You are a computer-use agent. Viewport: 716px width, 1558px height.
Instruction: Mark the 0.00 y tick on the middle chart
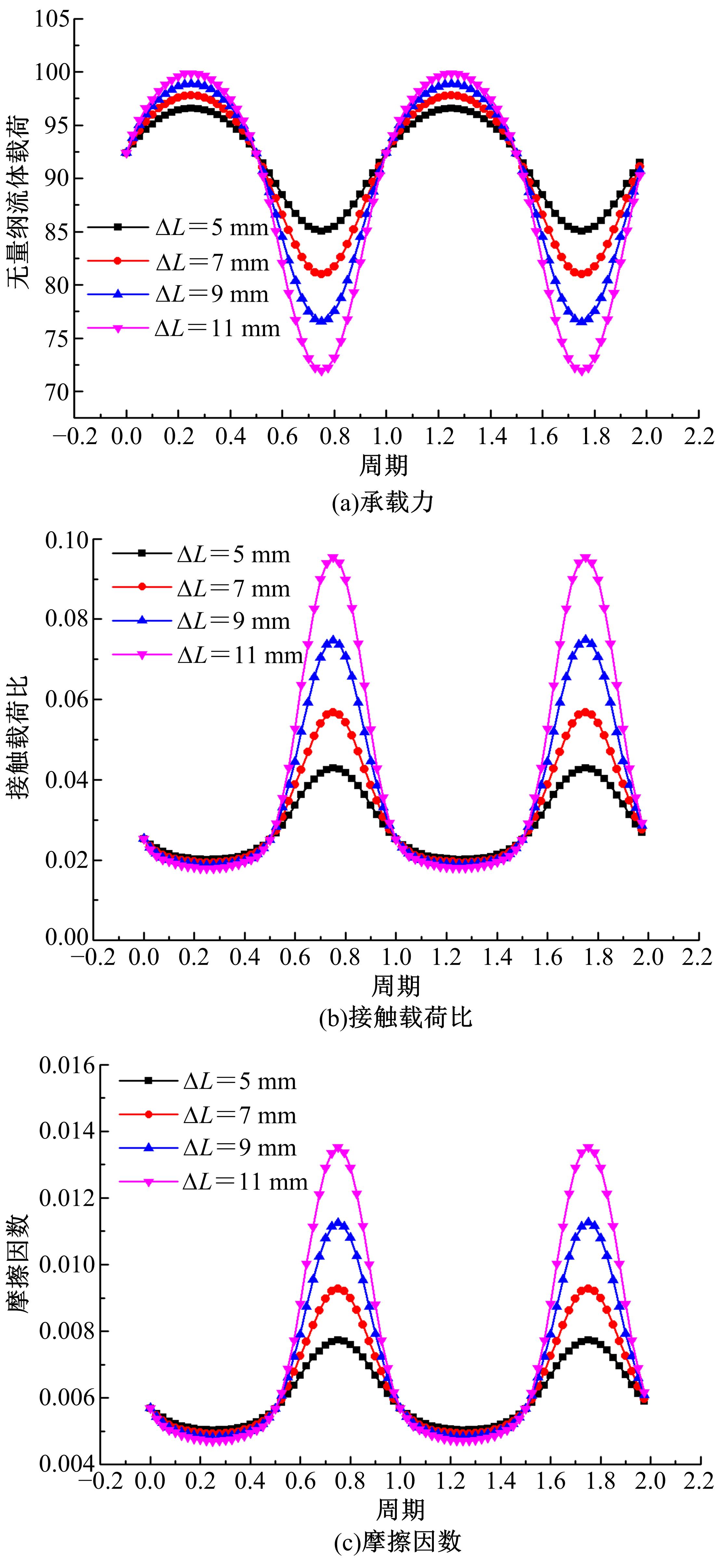tap(67, 937)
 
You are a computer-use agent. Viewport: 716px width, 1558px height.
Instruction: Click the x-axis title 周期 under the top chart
tap(384, 465)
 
